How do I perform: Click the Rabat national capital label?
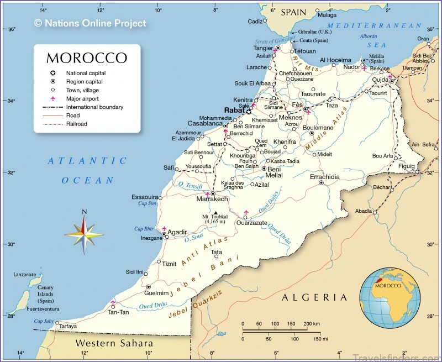[234, 111]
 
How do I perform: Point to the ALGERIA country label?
[314, 297]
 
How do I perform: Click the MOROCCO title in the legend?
[87, 58]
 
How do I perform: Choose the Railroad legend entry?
[76, 124]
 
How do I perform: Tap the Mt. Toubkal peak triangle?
[215, 212]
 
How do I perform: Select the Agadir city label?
[178, 232]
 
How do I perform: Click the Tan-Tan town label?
[118, 312]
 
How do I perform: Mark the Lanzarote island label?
[24, 274]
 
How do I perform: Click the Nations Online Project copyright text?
[90, 23]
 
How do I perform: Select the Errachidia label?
[324, 177]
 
